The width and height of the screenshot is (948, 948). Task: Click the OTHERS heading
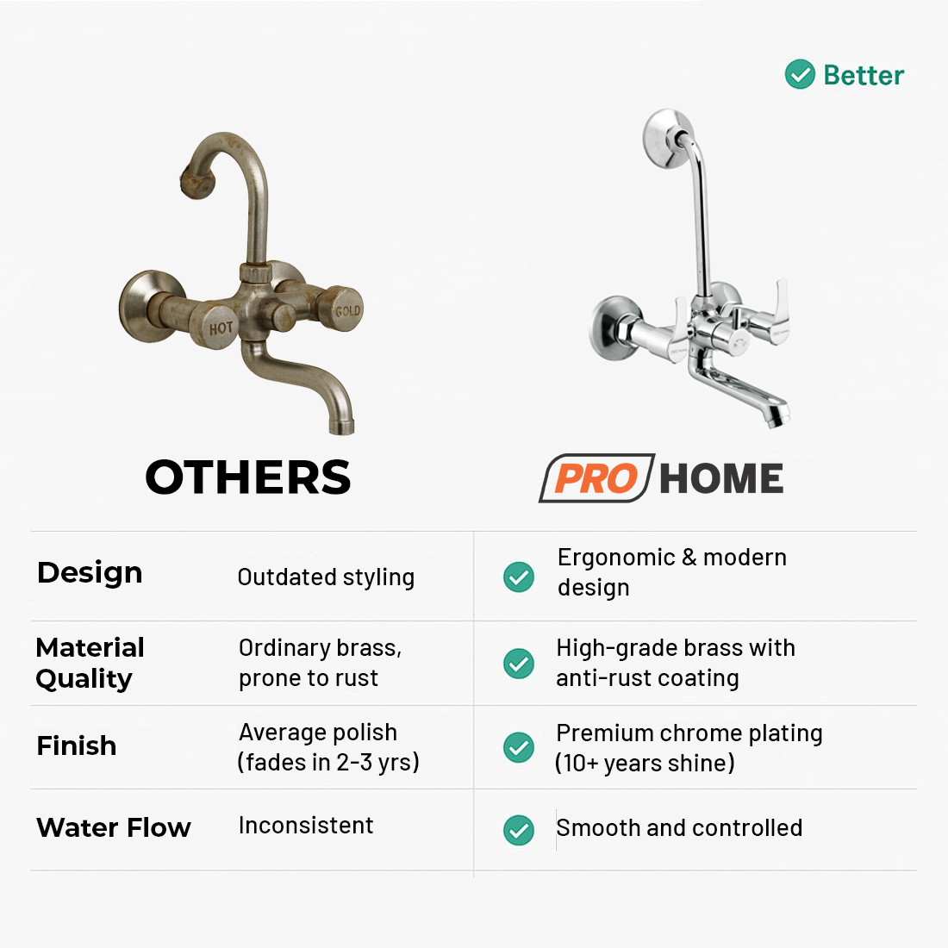(x=248, y=477)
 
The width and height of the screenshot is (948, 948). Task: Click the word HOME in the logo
(x=721, y=478)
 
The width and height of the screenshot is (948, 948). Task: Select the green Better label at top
(x=864, y=75)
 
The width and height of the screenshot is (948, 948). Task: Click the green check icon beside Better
(x=800, y=75)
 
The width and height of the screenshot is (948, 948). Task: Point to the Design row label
(x=90, y=573)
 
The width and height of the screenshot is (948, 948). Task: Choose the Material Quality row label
(x=90, y=663)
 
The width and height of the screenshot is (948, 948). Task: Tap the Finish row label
(x=77, y=745)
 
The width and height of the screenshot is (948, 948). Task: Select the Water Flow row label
(x=114, y=828)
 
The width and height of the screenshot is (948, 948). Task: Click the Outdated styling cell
(x=326, y=577)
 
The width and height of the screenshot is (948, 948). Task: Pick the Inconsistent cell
(x=306, y=826)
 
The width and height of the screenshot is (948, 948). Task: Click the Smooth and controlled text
(x=679, y=828)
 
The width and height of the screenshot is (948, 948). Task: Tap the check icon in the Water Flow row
(x=519, y=830)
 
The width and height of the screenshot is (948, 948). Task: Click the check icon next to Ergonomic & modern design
(x=519, y=577)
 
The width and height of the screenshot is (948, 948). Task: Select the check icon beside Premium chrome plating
(x=519, y=747)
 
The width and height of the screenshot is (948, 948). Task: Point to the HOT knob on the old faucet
(x=221, y=327)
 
